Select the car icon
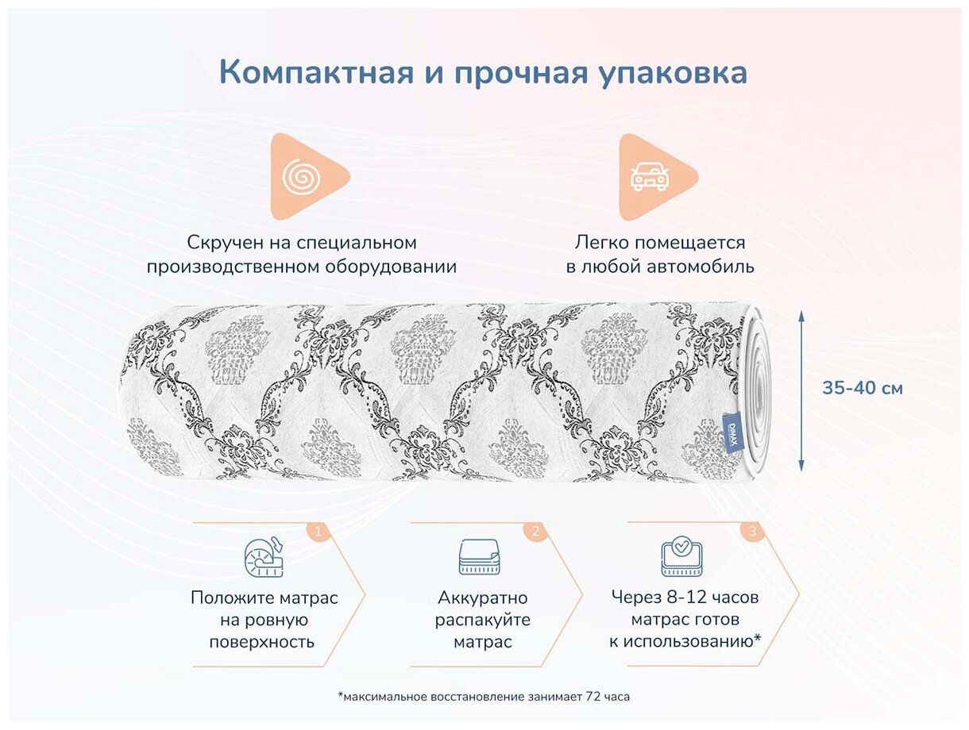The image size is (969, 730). coord(649,176)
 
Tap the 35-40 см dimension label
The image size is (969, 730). coord(862,389)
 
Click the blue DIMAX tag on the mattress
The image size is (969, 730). coord(732,434)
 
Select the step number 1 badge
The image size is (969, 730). coord(318,532)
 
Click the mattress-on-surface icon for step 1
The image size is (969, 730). coord(264,556)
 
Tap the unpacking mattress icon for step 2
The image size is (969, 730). coord(480,556)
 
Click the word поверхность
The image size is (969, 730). coord(262,642)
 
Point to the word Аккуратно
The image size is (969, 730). coord(482,597)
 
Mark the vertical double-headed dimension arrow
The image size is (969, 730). coord(801,391)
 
